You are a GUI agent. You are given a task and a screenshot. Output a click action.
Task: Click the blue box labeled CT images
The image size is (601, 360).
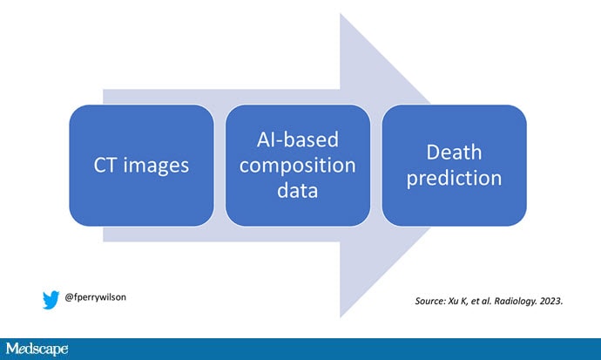pyautogui.click(x=141, y=166)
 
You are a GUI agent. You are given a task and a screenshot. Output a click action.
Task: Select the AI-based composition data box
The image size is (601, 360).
pyautogui.click(x=298, y=166)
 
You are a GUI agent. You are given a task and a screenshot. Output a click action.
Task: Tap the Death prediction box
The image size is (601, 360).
pyautogui.click(x=454, y=166)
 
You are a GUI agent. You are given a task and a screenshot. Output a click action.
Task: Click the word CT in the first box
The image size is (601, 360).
pyautogui.click(x=109, y=166)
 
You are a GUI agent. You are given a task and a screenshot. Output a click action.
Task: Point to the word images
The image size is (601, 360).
pyautogui.click(x=154, y=166)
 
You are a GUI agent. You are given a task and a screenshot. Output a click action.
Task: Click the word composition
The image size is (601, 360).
pyautogui.click(x=298, y=165)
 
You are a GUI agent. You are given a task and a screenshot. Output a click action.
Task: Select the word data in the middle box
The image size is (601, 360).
pyautogui.click(x=298, y=189)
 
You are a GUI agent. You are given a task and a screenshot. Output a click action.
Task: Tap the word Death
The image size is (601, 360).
pyautogui.click(x=454, y=153)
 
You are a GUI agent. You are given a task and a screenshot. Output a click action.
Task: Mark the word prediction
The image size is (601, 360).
pyautogui.click(x=454, y=178)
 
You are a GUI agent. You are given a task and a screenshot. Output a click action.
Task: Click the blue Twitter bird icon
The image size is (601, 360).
pyautogui.click(x=51, y=299)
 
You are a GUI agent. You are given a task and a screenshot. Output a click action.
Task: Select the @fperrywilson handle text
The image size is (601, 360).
pyautogui.click(x=96, y=297)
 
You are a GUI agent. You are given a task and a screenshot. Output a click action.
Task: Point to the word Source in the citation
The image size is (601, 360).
pyautogui.click(x=432, y=302)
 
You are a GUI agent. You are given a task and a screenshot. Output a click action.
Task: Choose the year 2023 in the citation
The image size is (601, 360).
pyautogui.click(x=552, y=302)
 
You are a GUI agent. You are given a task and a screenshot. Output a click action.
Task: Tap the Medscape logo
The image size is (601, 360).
pyautogui.click(x=36, y=350)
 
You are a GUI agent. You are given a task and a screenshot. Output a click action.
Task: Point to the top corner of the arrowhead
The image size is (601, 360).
pyautogui.click(x=341, y=15)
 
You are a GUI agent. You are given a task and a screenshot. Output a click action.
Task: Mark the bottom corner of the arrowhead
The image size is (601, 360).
pyautogui.click(x=341, y=316)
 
